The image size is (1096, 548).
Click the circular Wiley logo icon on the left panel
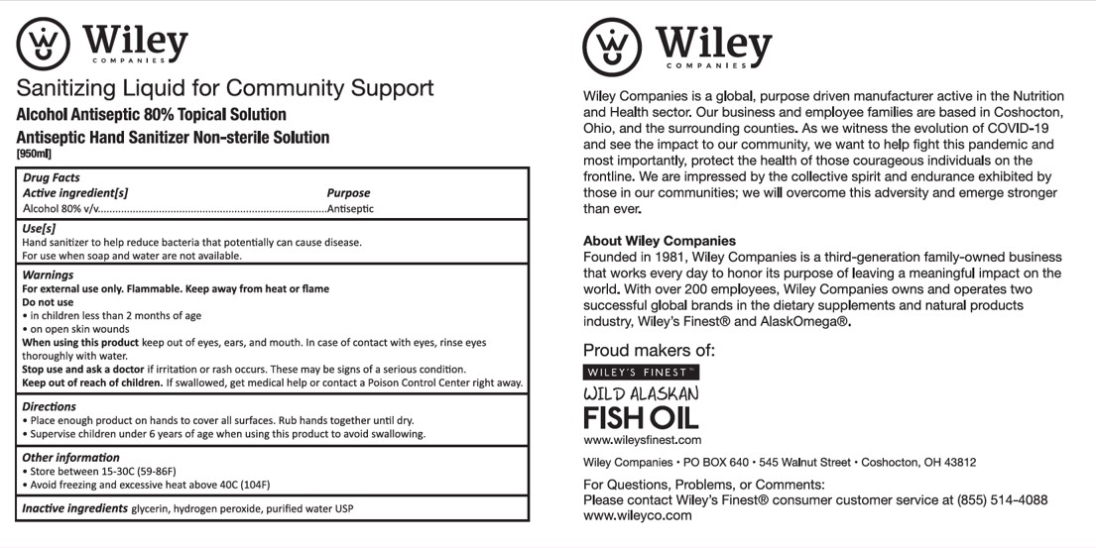click(x=44, y=45)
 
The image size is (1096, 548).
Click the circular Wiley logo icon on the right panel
click(x=612, y=47)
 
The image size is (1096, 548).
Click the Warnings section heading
click(x=48, y=274)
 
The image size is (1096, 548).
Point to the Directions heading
click(x=50, y=406)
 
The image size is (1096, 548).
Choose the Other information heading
click(x=70, y=458)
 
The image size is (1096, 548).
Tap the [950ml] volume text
click(x=35, y=154)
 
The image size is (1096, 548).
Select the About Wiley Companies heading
click(x=660, y=241)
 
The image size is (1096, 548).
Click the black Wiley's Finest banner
click(x=641, y=373)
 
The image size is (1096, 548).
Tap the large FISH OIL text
click(x=641, y=417)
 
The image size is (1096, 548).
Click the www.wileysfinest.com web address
click(x=642, y=440)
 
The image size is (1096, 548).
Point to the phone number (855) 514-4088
click(x=1002, y=500)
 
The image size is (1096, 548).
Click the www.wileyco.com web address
click(x=624, y=516)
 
